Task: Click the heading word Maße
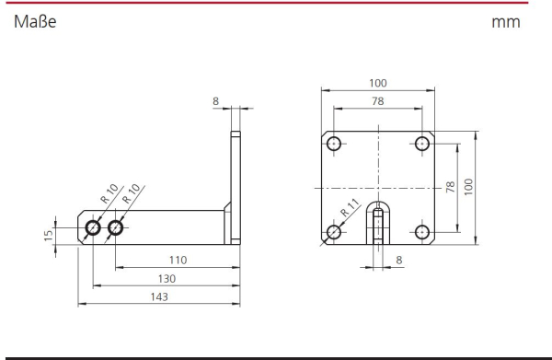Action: point(35,22)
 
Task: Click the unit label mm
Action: point(505,22)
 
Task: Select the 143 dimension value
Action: point(159,297)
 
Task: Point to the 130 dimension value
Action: point(167,279)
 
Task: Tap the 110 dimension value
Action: point(178,261)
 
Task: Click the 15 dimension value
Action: point(48,236)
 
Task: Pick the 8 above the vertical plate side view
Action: point(215,101)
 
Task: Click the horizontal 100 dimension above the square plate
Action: point(378,83)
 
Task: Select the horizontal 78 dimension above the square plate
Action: point(378,101)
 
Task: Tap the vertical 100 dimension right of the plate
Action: point(468,187)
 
